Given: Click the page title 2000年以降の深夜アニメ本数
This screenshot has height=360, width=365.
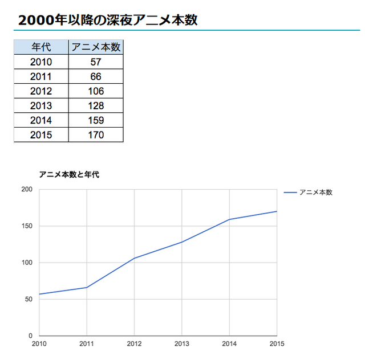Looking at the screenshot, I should click(108, 20).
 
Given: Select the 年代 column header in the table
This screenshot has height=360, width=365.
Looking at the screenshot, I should click(41, 47).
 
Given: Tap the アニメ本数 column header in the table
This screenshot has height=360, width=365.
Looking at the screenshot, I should click(96, 47).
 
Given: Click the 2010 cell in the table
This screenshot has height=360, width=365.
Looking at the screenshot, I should click(41, 62).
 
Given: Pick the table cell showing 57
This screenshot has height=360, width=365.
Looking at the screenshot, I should click(96, 62).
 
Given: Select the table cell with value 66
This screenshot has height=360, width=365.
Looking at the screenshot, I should click(96, 77).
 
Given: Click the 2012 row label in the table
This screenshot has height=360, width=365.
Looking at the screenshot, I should click(41, 91).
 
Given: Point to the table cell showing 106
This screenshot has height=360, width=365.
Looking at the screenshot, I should click(96, 91).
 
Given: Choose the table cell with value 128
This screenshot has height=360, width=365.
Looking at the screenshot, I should click(96, 106).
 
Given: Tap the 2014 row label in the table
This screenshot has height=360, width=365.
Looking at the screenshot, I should click(41, 120).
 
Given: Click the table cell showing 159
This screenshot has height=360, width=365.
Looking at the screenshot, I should click(96, 120).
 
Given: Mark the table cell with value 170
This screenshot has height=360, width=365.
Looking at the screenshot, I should click(96, 135).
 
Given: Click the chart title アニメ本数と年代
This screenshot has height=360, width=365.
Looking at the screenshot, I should click(69, 175).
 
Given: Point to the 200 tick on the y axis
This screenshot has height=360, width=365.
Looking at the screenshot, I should click(27, 190).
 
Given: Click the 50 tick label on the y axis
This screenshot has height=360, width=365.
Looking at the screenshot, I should click(29, 300).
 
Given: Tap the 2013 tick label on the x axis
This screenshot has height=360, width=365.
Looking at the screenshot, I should click(181, 343).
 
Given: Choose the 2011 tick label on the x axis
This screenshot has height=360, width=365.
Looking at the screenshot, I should click(87, 343).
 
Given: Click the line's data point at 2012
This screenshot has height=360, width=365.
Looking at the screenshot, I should click(134, 258).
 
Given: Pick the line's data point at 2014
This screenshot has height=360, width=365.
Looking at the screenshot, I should click(229, 219).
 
